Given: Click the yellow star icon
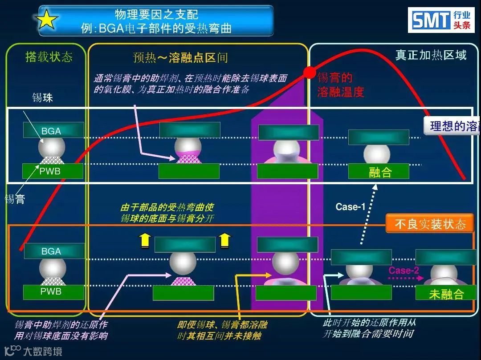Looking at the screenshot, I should [47, 20].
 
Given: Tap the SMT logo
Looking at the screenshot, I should [441, 20].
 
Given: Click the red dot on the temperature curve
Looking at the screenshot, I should [309, 72].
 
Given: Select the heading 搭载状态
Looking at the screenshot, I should [49, 57].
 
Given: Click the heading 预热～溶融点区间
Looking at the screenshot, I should [180, 57].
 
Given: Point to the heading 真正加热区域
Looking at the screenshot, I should [431, 55].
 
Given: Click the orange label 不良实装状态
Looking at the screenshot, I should [430, 224].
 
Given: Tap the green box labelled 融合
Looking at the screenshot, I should [379, 172].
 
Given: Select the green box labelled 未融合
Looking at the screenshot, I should [446, 293].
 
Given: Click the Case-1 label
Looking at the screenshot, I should [351, 206].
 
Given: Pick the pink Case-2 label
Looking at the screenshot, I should [404, 270].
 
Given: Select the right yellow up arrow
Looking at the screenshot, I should [225, 240].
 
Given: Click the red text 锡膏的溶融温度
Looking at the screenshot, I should [341, 85].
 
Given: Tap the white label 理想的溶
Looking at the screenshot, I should [452, 126].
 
